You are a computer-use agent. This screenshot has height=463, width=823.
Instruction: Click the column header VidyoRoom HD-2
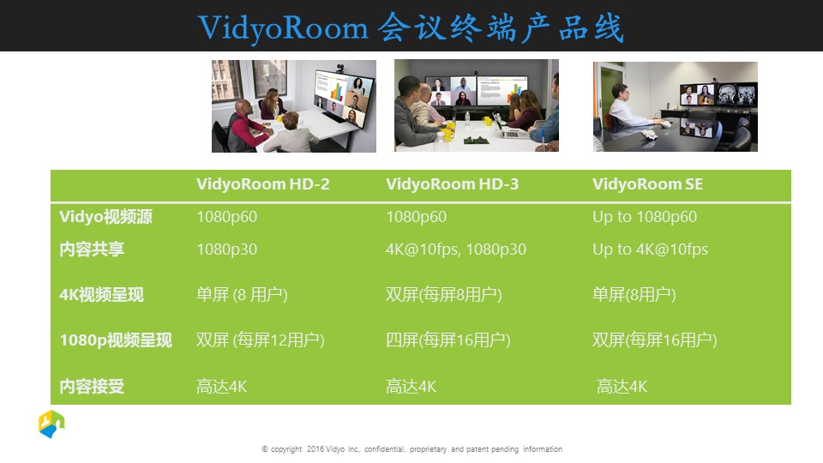[263, 184]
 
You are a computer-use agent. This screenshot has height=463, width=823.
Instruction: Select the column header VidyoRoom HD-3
[452, 184]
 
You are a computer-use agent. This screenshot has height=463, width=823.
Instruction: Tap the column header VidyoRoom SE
[648, 184]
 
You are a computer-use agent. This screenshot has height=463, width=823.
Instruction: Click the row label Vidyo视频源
[106, 217]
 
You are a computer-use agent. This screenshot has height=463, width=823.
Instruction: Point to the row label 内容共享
[92, 250]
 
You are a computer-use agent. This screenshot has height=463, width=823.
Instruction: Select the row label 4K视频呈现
[101, 295]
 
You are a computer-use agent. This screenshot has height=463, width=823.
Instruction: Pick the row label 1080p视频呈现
[116, 340]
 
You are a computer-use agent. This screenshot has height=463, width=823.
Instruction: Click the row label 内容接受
[92, 387]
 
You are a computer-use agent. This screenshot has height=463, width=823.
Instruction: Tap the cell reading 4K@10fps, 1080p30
[456, 250]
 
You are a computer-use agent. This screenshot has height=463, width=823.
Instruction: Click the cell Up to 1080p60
[645, 217]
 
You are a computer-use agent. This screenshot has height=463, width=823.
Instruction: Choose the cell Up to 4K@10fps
[651, 250]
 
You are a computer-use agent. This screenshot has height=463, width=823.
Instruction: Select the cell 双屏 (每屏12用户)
[261, 340]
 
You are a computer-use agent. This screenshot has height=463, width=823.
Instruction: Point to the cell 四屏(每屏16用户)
[448, 340]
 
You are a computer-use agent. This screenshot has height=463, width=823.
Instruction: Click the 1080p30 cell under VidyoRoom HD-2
[226, 250]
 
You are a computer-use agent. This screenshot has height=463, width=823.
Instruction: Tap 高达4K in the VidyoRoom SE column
[622, 387]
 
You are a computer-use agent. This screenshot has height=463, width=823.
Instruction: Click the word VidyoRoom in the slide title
[283, 27]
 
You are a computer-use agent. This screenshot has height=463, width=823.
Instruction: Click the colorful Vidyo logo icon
[51, 424]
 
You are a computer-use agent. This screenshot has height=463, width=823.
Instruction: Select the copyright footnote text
[412, 449]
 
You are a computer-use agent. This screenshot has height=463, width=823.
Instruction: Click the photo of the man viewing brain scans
[676, 106]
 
